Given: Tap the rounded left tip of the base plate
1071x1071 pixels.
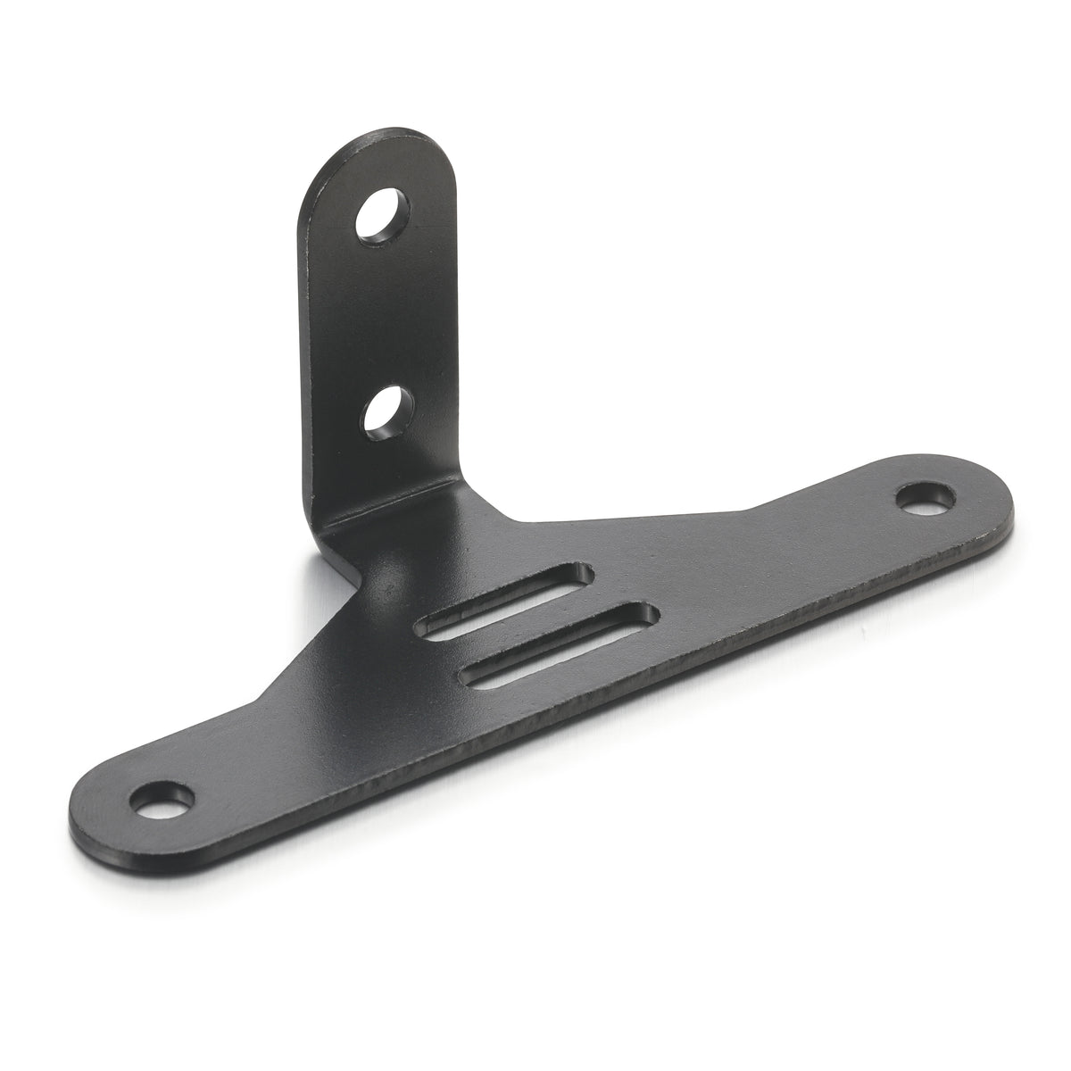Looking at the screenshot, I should click(80, 799).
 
